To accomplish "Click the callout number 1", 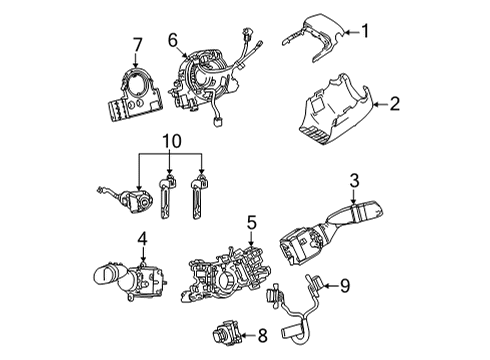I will (367, 31).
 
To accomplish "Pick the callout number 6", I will (174, 40).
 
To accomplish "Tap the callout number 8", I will (262, 337).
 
